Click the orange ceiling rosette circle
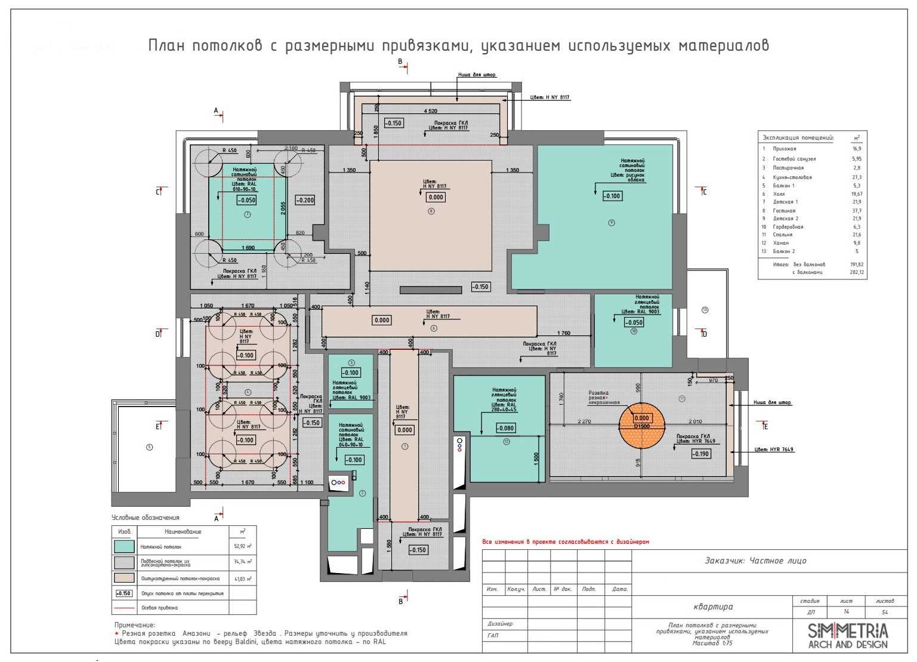(x=641, y=426)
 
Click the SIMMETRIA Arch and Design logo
(x=847, y=636)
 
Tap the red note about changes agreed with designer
(x=565, y=542)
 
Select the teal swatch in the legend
(x=124, y=546)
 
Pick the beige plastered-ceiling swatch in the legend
(x=124, y=578)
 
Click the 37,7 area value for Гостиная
(x=857, y=211)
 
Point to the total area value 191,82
(x=857, y=264)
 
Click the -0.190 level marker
(x=700, y=454)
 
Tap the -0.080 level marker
(x=505, y=428)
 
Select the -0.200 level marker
(x=305, y=201)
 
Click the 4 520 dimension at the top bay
(x=430, y=111)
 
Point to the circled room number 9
(x=611, y=223)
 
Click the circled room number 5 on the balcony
(x=149, y=447)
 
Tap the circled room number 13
(x=705, y=310)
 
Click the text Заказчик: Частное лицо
(x=755, y=561)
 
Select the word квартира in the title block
(x=713, y=606)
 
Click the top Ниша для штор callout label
(x=477, y=75)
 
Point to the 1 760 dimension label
(x=564, y=333)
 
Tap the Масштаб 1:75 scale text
(x=712, y=643)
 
